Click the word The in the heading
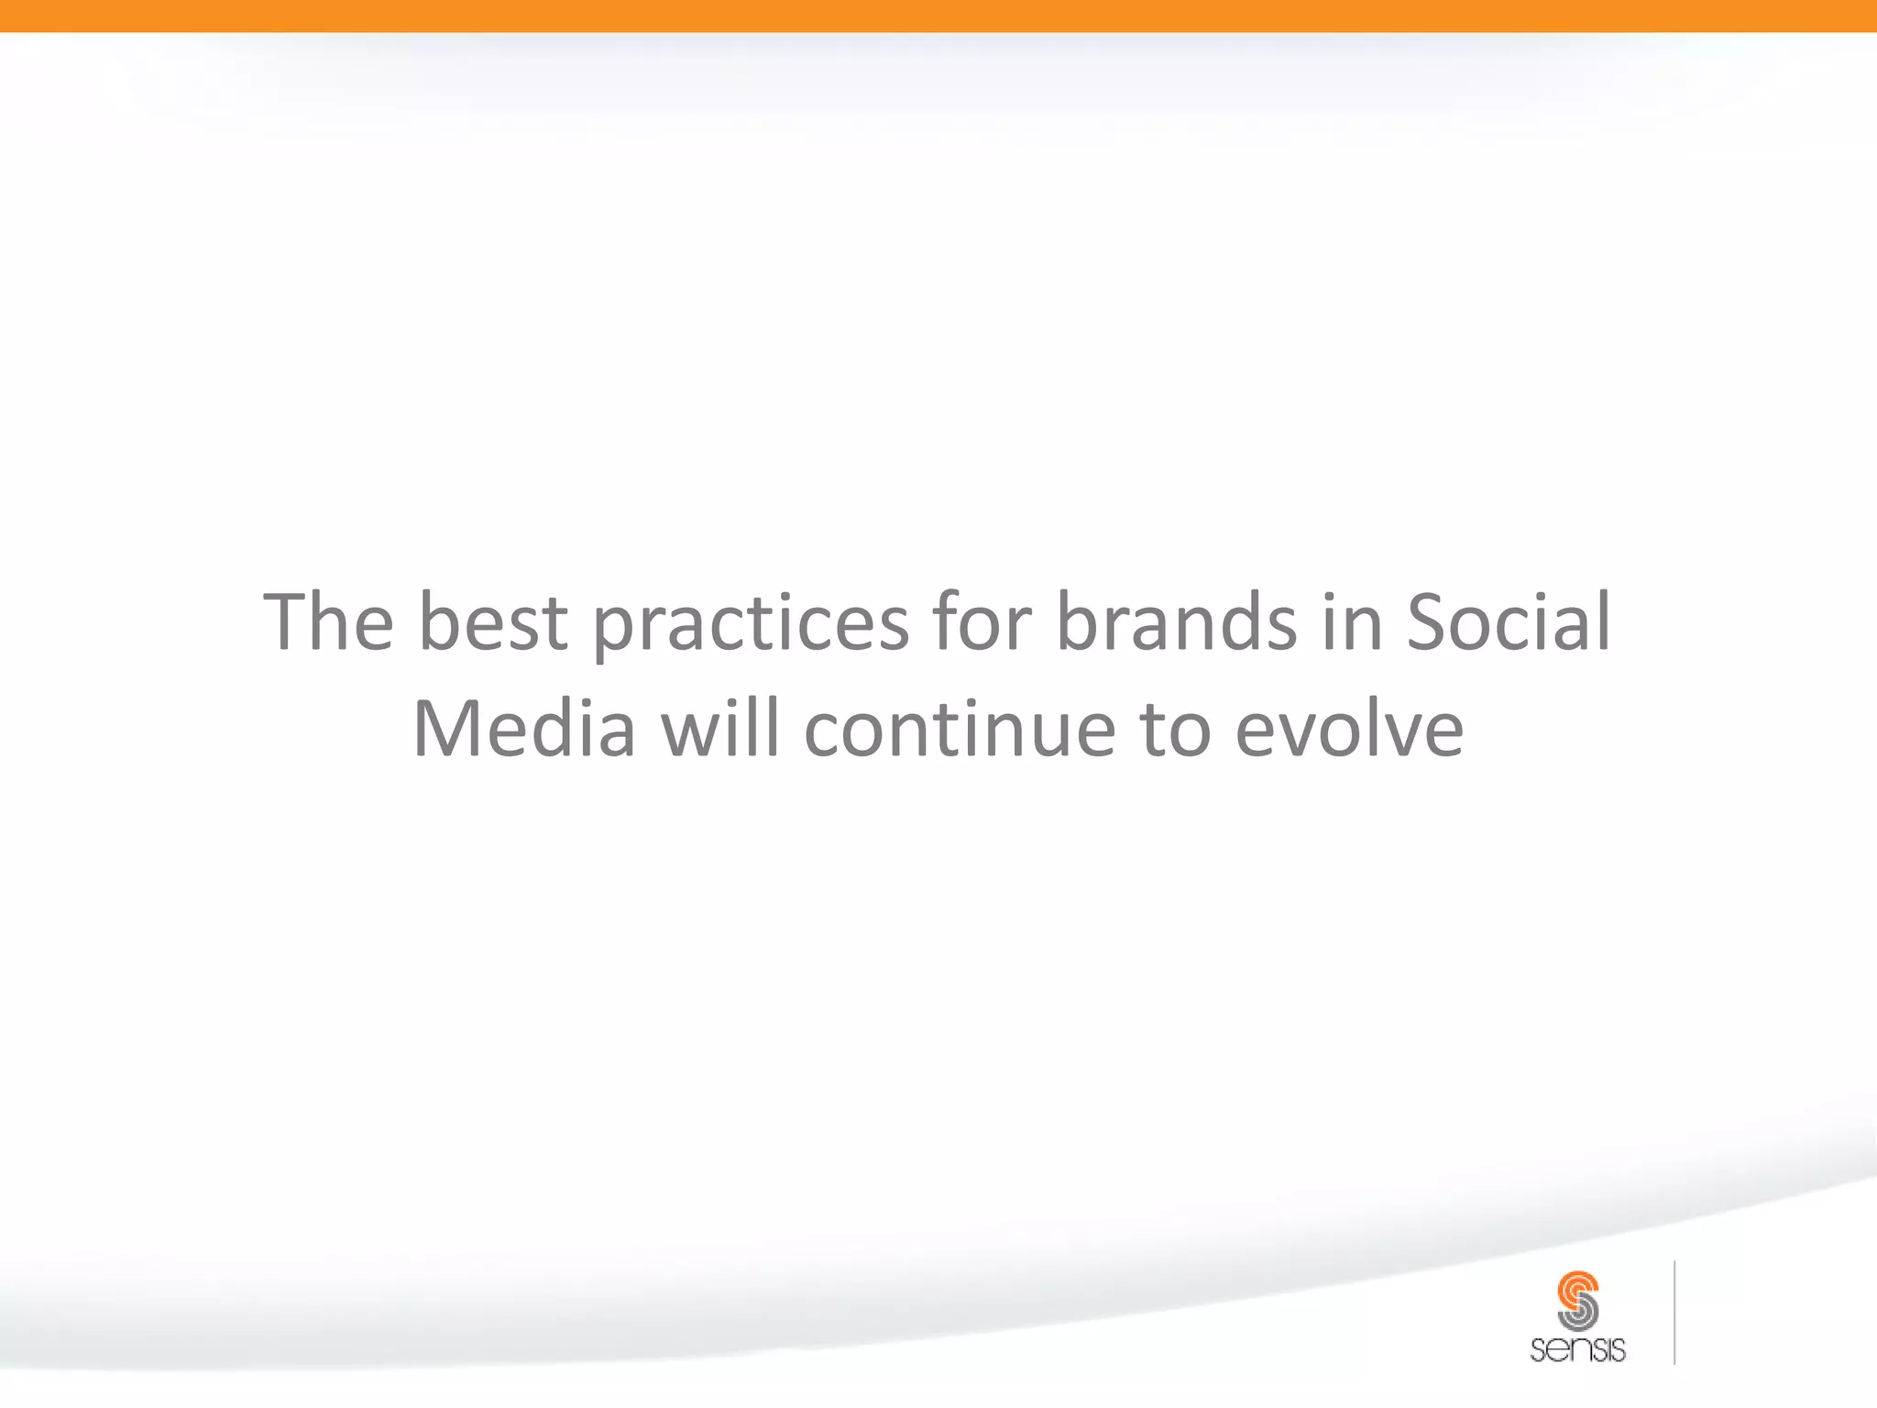328,623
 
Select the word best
493,623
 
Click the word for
982,623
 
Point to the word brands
1177,623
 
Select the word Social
1509,623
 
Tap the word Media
524,730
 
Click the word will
720,730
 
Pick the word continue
960,730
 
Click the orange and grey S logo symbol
1577,1300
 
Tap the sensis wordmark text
1577,1349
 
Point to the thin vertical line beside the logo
1674,1313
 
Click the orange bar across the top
938,16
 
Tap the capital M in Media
446,730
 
